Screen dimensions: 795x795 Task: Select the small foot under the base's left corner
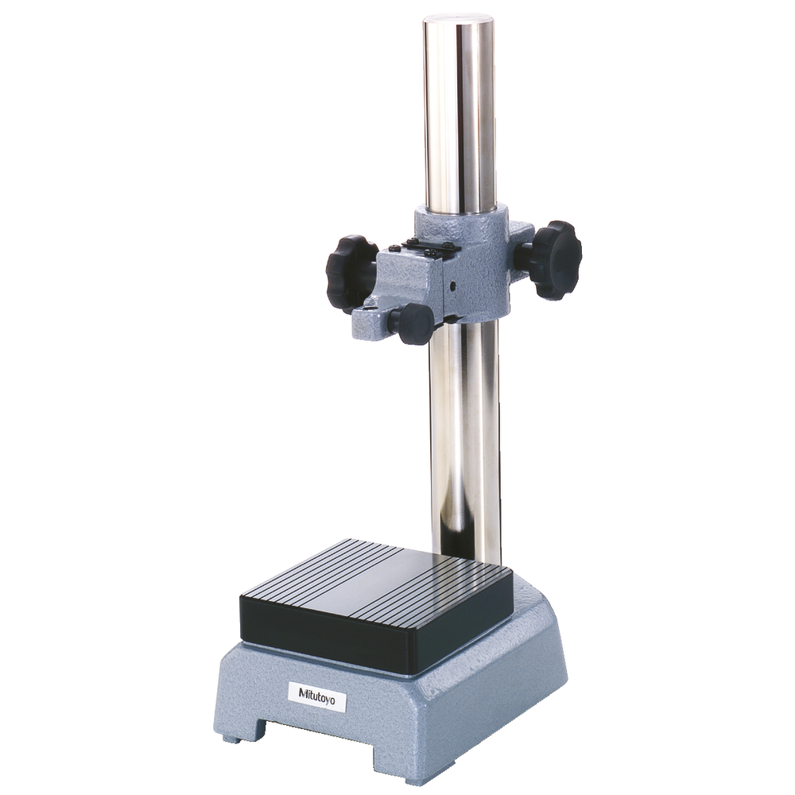click(x=233, y=739)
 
